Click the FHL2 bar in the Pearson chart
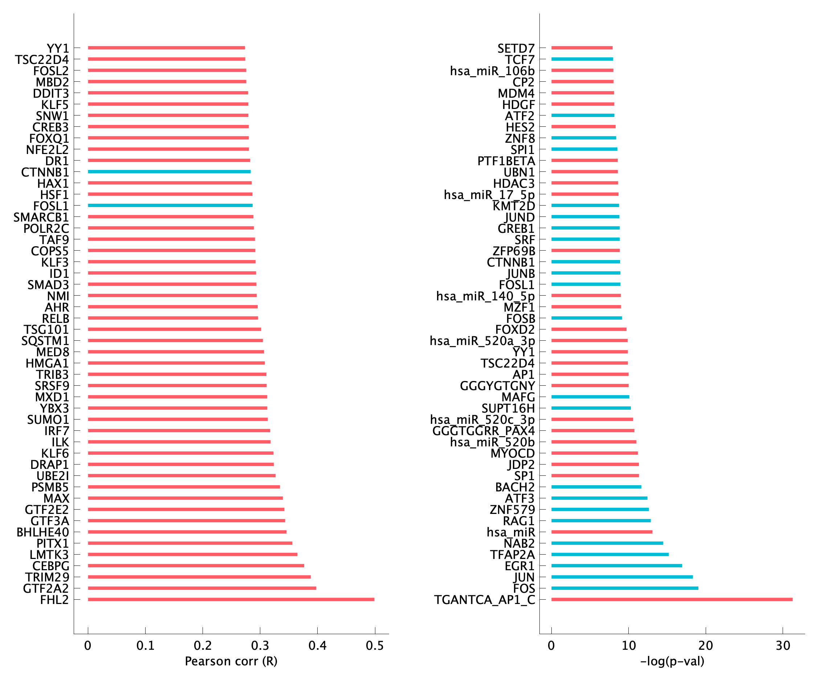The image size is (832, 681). coord(231,599)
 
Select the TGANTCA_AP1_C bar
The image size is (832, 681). coord(672,599)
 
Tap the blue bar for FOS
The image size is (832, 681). coord(625,588)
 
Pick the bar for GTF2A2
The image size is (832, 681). coord(202,588)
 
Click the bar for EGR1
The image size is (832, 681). coord(616,566)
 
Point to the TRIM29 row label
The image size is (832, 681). coord(47,577)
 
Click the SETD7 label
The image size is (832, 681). coord(515,48)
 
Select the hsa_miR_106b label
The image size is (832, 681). coord(492,71)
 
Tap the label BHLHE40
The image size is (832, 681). coord(43,532)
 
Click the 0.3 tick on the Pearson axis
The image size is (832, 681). coord(260,645)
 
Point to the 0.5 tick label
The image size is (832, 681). coord(375,645)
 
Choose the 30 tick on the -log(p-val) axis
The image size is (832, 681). coord(783,645)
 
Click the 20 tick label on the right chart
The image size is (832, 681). coord(705,645)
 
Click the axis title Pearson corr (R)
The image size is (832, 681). coord(231,661)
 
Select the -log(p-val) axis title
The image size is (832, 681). coord(672,661)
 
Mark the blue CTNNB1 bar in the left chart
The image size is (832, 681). coord(169,171)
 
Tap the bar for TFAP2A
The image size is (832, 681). coord(610,554)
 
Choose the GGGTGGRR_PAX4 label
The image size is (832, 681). coord(484,431)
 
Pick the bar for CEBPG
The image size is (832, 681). coord(196,566)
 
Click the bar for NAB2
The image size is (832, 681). coord(607,543)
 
